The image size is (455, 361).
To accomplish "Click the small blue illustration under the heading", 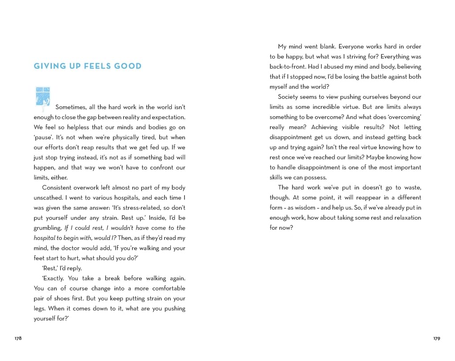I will pyautogui.click(x=42, y=97).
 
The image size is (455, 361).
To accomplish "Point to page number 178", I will pyautogui.click(x=18, y=339).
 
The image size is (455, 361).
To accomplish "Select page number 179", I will pyautogui.click(x=437, y=339).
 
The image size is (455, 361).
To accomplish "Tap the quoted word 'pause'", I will pyautogui.click(x=43, y=137).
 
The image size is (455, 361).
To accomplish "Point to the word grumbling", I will pyautogui.click(x=48, y=228).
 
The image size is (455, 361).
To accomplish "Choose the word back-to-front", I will pyautogui.click(x=287, y=66).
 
